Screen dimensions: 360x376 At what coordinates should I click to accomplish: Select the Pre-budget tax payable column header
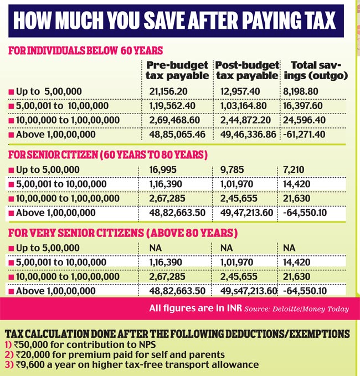click(177, 70)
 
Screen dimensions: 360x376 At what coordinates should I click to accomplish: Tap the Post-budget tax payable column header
click(247, 70)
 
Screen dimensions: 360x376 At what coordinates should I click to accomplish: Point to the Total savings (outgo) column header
click(316, 70)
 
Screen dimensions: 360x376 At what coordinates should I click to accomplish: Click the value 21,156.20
click(168, 91)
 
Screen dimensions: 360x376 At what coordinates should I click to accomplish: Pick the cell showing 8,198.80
click(301, 91)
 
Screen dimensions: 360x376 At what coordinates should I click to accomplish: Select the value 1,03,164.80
click(244, 106)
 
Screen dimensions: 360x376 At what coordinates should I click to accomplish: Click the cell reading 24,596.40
click(305, 120)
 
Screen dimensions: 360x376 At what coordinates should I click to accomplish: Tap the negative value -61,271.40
click(304, 134)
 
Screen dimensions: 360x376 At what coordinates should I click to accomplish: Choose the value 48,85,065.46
click(177, 134)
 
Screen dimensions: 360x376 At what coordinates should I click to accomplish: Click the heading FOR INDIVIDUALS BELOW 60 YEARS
click(86, 50)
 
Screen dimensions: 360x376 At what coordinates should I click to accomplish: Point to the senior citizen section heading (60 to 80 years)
click(108, 155)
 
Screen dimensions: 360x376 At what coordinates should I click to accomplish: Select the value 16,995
click(163, 170)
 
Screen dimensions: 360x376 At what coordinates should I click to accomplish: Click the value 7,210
click(294, 170)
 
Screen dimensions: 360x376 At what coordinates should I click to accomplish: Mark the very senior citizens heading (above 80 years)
click(123, 233)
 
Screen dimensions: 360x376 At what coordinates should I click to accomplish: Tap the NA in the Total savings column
click(289, 248)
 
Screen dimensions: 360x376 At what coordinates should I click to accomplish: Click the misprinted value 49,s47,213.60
click(249, 291)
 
